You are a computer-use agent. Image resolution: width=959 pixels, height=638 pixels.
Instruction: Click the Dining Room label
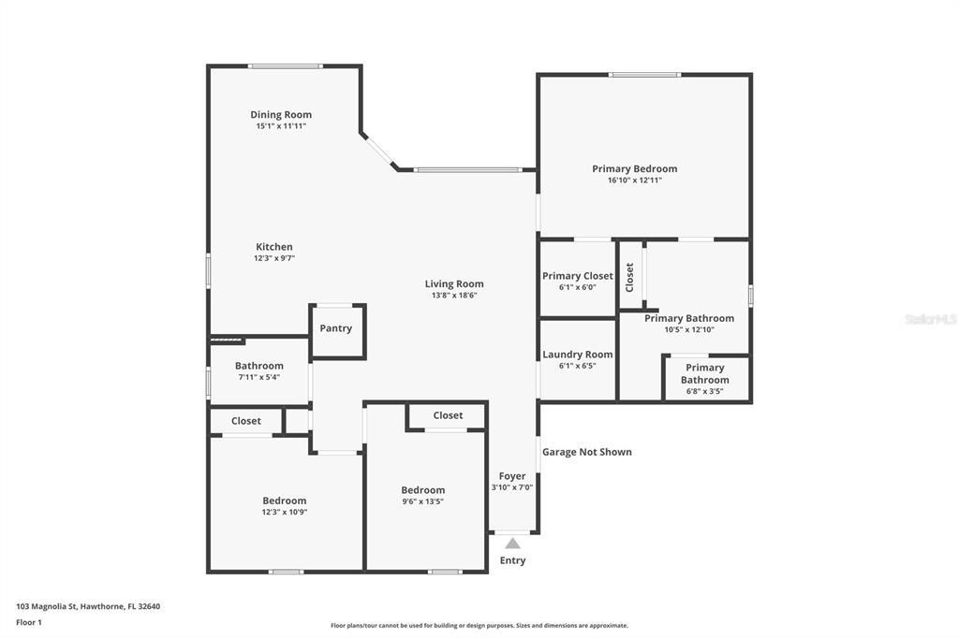[281, 114]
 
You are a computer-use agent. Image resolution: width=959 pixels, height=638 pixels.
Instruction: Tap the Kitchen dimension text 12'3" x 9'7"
[274, 258]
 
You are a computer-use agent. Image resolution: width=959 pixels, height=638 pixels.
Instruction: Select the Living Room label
[454, 283]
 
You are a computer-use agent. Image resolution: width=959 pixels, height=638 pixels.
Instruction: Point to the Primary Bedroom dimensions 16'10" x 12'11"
[634, 180]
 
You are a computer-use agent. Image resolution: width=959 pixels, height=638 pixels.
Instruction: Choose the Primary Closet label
[577, 276]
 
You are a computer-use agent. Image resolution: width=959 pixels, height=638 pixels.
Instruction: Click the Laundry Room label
[577, 355]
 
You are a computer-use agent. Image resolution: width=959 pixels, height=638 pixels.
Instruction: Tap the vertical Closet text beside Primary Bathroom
[629, 278]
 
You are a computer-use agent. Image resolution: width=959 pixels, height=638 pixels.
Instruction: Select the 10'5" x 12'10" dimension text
[689, 329]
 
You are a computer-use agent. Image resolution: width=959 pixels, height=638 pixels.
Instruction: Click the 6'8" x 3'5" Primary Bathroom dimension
[704, 391]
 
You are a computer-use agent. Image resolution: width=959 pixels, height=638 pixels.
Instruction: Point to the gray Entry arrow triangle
[512, 544]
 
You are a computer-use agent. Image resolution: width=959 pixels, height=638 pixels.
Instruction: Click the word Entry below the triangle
[512, 560]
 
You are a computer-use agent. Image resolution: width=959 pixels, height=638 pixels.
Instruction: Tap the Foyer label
[512, 476]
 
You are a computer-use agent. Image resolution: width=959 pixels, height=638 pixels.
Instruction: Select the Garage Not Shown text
[586, 452]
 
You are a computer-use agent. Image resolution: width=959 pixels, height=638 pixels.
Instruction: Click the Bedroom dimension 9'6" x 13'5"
[422, 501]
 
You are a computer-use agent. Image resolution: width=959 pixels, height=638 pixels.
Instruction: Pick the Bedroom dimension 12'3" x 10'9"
[285, 512]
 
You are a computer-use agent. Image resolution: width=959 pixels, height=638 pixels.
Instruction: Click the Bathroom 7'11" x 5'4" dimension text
[258, 377]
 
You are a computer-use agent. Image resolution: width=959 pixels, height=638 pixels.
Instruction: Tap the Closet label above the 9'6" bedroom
[448, 415]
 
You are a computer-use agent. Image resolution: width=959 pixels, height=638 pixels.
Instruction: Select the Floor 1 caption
[29, 623]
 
